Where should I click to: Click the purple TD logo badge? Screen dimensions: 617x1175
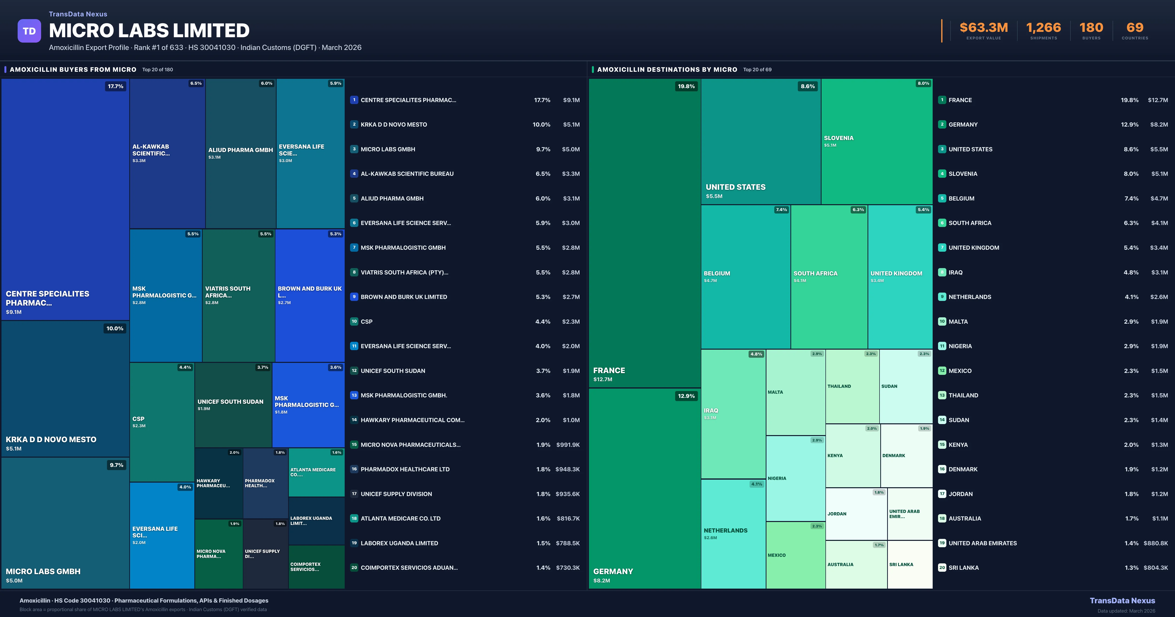(x=29, y=31)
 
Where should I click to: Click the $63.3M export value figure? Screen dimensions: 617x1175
(x=983, y=28)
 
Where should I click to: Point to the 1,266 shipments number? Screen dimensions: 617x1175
(x=1043, y=28)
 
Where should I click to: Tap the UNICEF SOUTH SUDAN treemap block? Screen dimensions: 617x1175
(x=233, y=405)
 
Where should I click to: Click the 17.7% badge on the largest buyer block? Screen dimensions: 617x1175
(x=115, y=86)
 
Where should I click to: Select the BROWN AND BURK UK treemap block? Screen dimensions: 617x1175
(x=310, y=295)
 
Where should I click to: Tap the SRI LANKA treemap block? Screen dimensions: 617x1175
(x=910, y=565)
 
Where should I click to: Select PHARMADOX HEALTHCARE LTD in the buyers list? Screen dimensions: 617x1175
(x=405, y=469)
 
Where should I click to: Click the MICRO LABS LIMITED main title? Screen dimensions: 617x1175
(x=149, y=31)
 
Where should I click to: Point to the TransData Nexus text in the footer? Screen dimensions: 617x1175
(x=1122, y=601)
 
